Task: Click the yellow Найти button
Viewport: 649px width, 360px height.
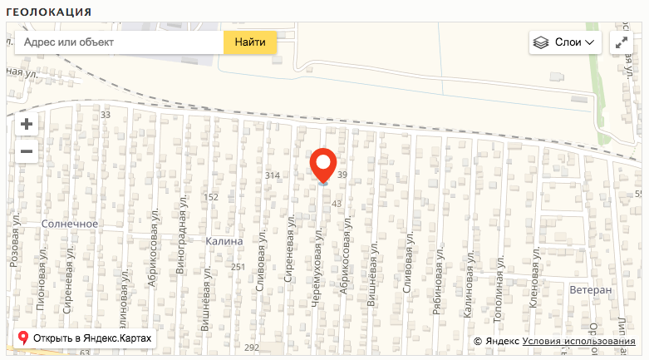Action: (x=250, y=42)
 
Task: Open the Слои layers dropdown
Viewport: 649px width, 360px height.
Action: (x=565, y=42)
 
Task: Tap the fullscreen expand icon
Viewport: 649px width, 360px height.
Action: (x=622, y=42)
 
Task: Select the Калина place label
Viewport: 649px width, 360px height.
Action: (x=224, y=241)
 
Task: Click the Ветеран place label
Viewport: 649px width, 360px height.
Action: (x=591, y=290)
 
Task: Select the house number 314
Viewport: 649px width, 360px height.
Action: (x=272, y=176)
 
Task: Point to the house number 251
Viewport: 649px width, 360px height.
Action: (x=238, y=267)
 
